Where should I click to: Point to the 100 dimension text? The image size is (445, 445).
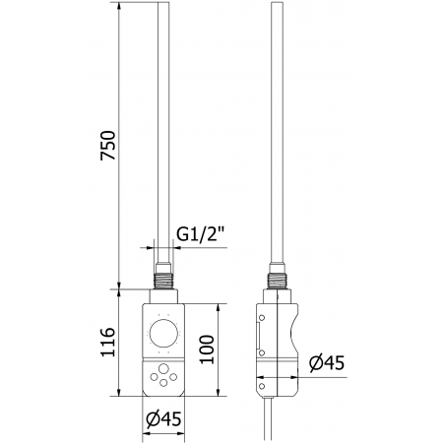207,348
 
